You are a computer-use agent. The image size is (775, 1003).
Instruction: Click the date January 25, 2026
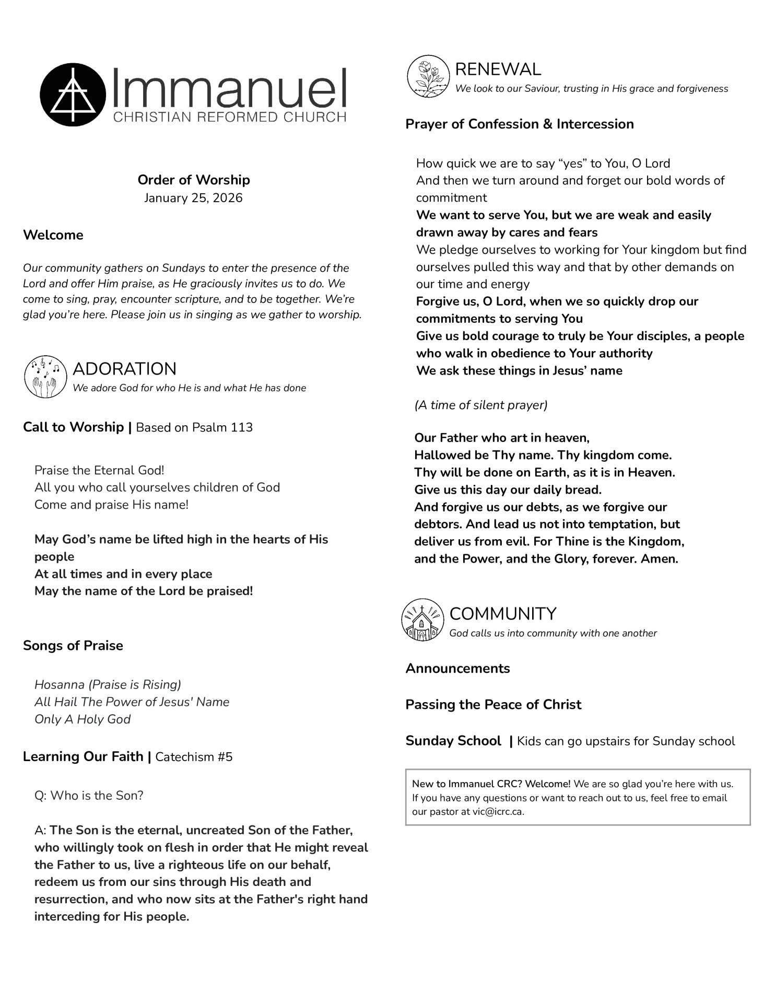coord(193,198)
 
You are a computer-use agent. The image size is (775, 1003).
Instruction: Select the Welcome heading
coord(53,235)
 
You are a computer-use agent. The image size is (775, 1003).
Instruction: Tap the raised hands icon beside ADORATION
coord(45,377)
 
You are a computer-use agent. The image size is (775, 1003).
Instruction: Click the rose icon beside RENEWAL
coord(428,77)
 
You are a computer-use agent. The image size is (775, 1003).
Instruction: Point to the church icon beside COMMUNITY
coord(422,620)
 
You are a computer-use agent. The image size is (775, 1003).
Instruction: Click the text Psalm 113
coord(222,427)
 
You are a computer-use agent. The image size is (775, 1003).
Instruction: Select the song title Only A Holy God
coord(83,719)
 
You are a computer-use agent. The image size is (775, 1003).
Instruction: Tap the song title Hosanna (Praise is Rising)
coord(108,685)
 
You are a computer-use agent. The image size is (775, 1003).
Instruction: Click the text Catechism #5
coord(194,757)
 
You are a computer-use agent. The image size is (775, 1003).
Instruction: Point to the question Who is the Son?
coord(89,796)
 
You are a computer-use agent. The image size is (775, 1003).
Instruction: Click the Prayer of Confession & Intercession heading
coord(520,124)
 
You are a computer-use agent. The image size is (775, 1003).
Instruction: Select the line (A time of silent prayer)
coord(481,405)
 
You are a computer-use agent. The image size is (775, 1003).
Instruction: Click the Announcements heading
coord(457,669)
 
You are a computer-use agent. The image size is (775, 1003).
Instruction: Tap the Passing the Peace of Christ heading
coord(493,705)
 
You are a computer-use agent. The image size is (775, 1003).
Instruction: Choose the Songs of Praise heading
coord(73,646)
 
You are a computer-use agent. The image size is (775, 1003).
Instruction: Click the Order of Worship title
coord(194,180)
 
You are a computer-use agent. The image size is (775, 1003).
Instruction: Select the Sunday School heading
coord(453,741)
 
